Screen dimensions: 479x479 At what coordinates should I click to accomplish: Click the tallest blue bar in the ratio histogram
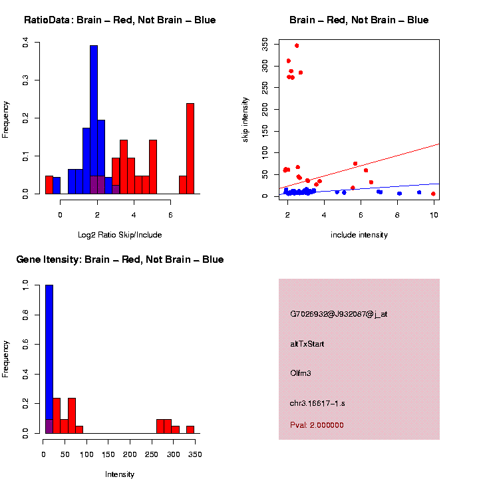coord(94,120)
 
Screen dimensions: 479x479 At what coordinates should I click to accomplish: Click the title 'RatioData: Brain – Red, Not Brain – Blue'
coord(120,20)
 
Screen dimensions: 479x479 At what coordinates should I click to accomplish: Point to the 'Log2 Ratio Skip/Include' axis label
coord(120,235)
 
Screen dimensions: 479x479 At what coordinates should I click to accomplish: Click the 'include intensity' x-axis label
coord(359,235)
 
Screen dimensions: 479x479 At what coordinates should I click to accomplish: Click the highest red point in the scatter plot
coord(297,46)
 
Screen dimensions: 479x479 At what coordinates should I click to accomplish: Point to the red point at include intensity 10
coord(433,194)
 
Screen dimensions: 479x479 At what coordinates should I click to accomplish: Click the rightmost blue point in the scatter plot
coord(419,192)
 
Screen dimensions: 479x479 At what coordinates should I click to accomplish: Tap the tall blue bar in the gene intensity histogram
coord(49,359)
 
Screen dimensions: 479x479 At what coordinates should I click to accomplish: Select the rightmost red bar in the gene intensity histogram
coord(190,430)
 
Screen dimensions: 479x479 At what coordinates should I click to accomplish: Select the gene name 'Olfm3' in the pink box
coord(301,373)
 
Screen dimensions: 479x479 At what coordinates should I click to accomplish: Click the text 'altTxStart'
coord(307,344)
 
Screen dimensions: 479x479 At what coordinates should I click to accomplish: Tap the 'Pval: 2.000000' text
coord(317,425)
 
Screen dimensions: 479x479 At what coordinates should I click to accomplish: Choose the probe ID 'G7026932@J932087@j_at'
coord(339,314)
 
